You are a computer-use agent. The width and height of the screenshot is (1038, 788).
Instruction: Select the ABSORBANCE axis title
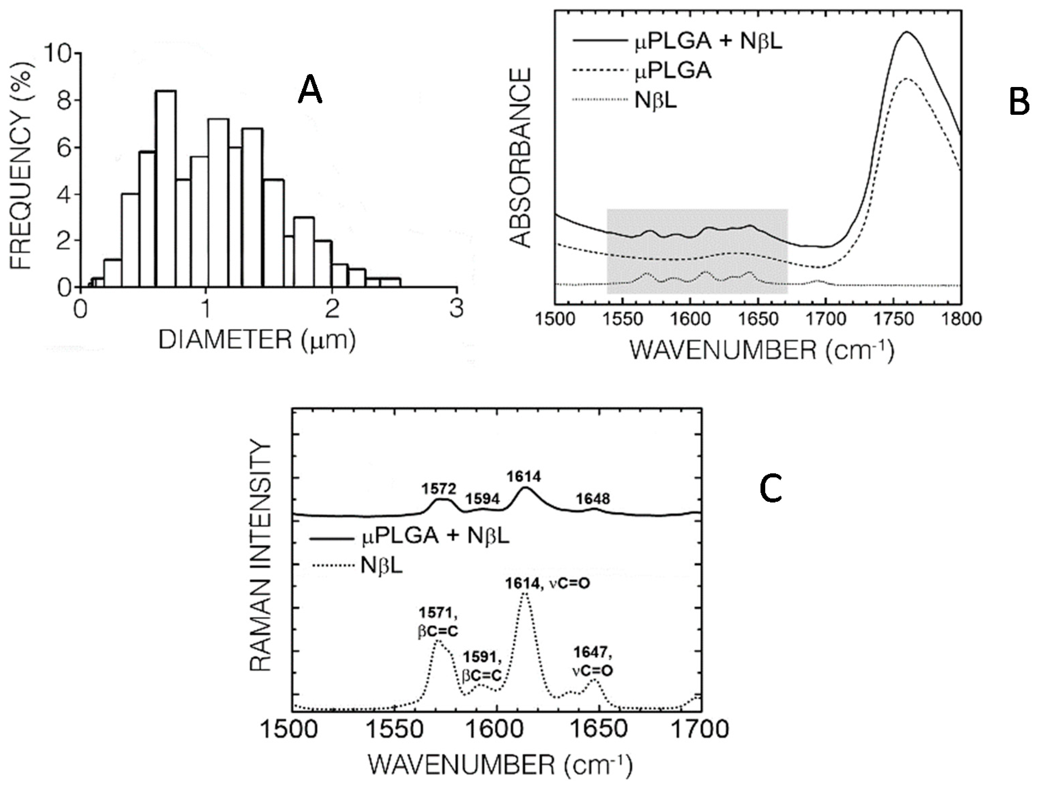click(520, 158)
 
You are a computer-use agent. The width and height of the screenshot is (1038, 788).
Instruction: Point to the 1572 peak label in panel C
click(438, 489)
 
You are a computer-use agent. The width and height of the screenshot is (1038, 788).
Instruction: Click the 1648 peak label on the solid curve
click(593, 499)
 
